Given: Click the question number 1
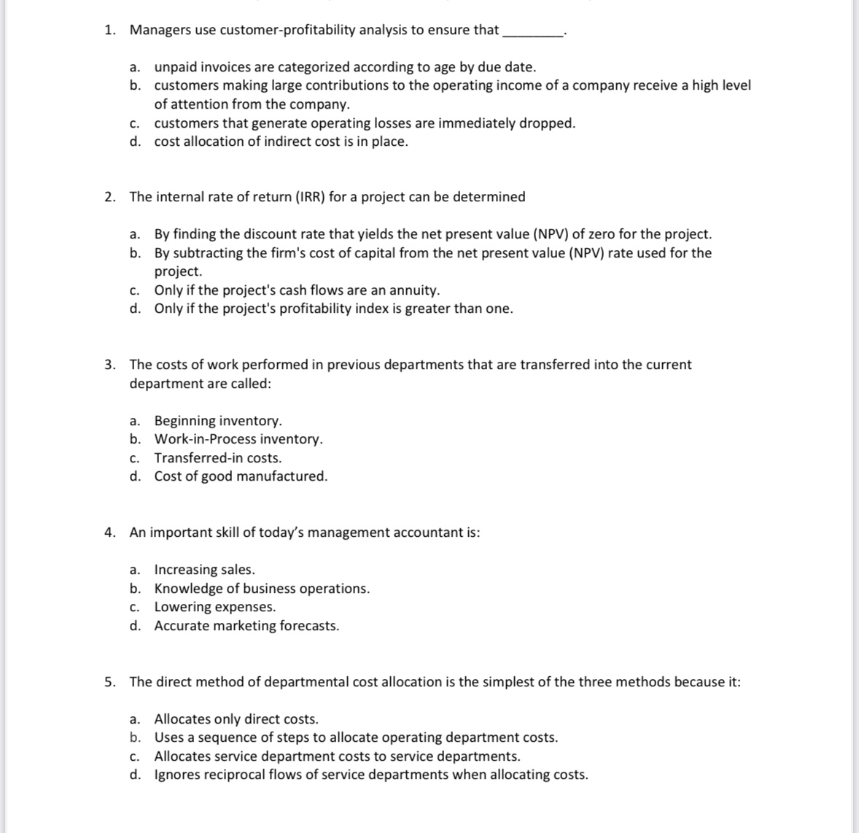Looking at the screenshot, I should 109,30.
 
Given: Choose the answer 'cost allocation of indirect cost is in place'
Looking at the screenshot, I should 281,142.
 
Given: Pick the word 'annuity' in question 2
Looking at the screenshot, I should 413,290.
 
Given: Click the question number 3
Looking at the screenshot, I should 109,365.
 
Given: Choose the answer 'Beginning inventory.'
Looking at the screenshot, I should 217,421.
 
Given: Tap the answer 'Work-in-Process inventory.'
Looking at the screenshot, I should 238,439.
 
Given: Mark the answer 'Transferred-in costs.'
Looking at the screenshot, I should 217,458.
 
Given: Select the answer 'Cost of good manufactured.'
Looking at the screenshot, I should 241,476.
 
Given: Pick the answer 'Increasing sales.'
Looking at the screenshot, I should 204,570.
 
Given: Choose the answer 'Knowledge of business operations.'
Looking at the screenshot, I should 262,589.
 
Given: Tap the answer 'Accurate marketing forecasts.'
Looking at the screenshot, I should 246,626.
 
